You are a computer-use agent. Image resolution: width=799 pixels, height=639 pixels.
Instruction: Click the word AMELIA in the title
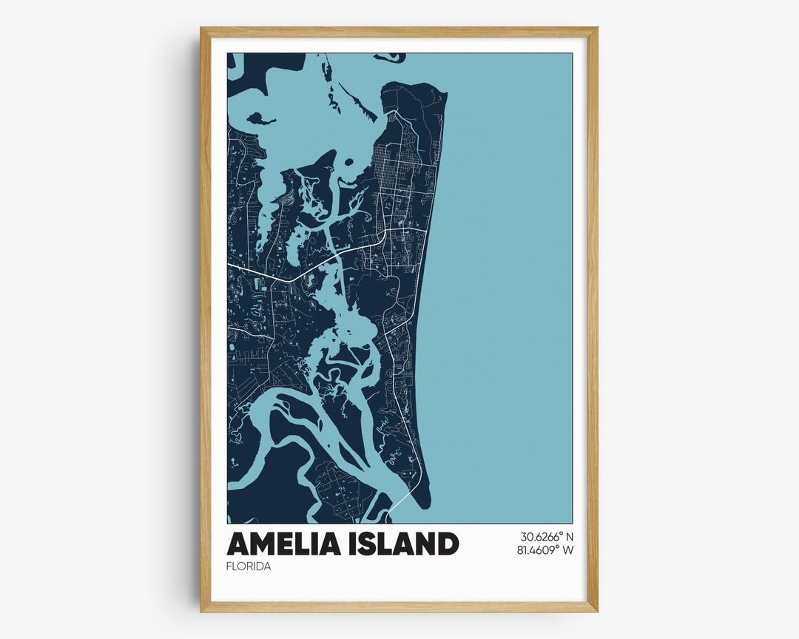tap(280, 544)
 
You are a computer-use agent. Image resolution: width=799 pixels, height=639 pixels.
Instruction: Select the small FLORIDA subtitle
tap(249, 567)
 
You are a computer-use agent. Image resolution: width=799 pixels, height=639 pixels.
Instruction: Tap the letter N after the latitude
tap(570, 537)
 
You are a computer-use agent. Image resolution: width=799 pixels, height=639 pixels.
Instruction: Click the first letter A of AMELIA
tap(238, 544)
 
